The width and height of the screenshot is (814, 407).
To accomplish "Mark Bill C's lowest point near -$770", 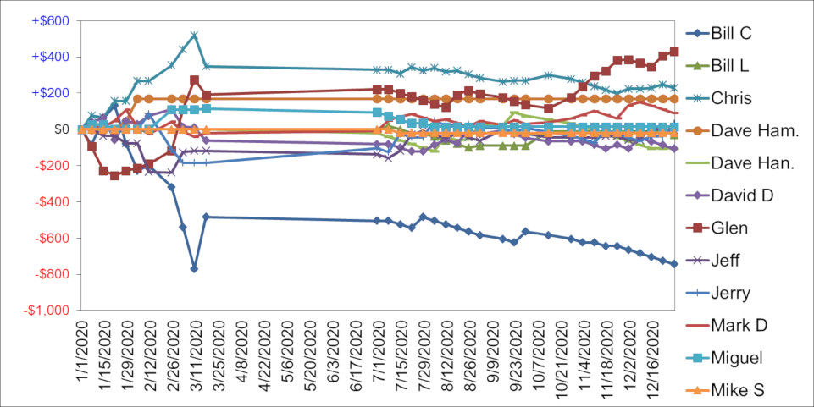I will (194, 268).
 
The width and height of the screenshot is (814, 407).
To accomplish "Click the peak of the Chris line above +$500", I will (194, 36).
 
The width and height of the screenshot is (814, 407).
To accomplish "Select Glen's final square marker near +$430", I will (674, 52).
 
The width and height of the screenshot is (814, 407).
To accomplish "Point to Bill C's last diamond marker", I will (674, 264).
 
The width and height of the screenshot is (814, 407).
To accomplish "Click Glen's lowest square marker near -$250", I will (114, 175).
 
